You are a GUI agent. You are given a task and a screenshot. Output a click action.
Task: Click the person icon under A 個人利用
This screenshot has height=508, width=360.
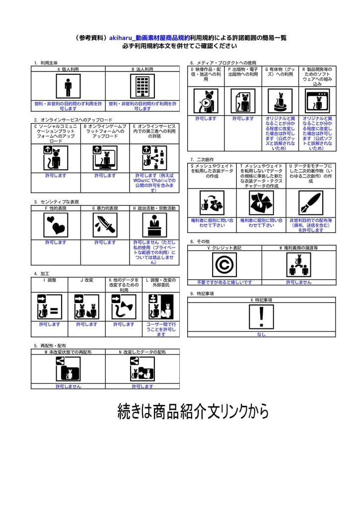[x=68, y=87]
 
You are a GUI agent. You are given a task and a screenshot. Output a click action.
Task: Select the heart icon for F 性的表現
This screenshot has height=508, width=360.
[x=56, y=226]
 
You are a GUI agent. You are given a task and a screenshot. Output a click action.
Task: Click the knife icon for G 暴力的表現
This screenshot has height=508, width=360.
[x=105, y=226]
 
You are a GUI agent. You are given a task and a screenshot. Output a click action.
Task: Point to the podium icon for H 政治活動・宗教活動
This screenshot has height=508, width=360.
[x=154, y=226]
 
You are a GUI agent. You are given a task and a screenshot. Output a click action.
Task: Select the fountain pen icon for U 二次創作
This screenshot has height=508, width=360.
[x=311, y=202]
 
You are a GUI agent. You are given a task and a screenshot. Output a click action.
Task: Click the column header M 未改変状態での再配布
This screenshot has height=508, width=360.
[x=68, y=352]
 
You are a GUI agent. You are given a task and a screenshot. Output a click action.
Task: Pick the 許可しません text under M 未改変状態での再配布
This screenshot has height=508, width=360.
[x=68, y=386]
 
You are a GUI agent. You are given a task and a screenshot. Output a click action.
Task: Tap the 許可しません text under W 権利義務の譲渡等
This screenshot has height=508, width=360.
[x=298, y=282]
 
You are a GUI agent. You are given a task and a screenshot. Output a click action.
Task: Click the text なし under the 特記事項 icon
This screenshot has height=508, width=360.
[x=261, y=334]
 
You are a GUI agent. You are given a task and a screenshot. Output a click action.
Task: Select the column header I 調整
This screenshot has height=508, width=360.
[x=49, y=280]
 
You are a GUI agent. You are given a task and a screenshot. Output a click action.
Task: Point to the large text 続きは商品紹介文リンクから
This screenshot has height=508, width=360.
[x=193, y=411]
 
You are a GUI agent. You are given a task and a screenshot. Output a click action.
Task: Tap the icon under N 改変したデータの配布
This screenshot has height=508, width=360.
[x=142, y=369]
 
